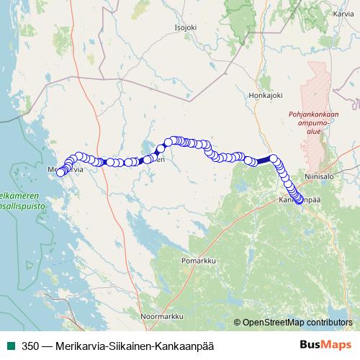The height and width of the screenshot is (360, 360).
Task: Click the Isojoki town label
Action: point(185,28)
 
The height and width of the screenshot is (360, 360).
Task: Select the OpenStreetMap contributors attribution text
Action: point(297,322)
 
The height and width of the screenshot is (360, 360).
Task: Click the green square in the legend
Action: point(10,346)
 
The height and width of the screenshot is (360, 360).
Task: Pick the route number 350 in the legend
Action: point(30,346)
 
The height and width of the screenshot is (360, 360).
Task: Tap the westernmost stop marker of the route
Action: point(60,172)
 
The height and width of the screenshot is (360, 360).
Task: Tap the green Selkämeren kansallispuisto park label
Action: point(19,199)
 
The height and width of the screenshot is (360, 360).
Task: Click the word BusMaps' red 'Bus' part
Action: point(312,345)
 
